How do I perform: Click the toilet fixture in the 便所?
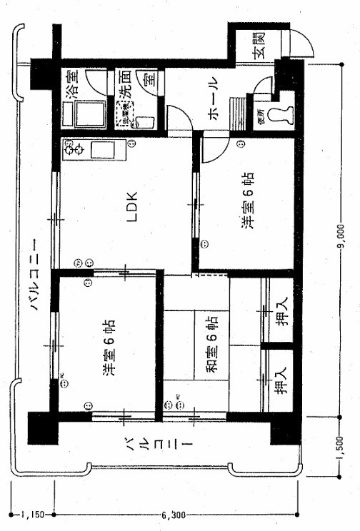(x=284, y=115)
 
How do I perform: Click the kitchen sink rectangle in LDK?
(x=105, y=150)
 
